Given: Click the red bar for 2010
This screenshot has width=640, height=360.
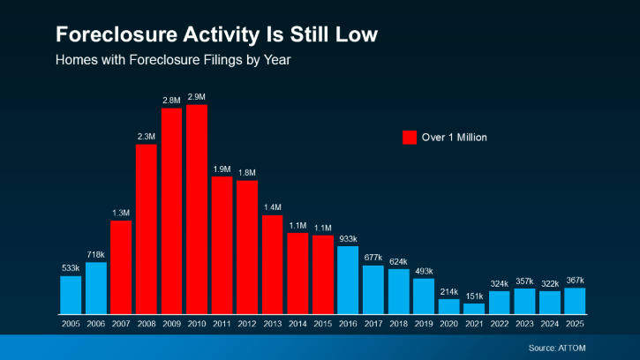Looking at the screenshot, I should pos(197,209).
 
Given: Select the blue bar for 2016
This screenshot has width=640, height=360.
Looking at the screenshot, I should pos(348,280).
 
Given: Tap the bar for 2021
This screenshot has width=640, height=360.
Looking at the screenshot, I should pos(474,309).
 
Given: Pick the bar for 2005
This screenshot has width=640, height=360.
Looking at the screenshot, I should pos(71,295).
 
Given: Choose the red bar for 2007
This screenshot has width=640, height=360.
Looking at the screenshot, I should pos(121,266).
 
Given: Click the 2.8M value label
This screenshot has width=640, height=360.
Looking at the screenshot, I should pos(171,101).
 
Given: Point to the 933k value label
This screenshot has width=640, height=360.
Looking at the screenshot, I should pos(348,238).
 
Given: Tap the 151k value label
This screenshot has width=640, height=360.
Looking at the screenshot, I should pos(474,296).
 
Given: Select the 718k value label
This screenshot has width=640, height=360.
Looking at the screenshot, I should pos(95,254).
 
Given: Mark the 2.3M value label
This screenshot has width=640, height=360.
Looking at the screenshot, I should pos(147,136).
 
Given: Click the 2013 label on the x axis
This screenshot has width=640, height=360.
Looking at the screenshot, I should pos(272,325).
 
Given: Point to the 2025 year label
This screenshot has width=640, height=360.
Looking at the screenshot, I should pos(575,325).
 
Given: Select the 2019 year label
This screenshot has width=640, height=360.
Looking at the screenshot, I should pos(424,325).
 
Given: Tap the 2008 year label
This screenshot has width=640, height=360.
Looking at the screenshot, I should pos(147,325).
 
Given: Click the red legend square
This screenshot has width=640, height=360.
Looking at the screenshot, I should pos(410,137).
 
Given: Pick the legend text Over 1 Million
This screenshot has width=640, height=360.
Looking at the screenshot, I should pos(455,137).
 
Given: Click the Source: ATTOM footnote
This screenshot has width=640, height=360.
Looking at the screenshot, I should pos(583,348).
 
